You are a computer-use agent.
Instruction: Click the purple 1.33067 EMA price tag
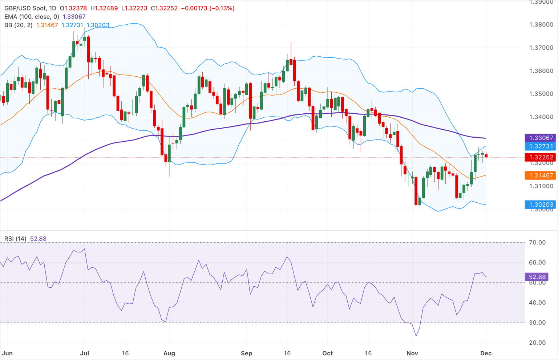point(541,138)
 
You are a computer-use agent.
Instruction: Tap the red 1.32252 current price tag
point(541,157)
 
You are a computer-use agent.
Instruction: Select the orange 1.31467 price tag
point(541,175)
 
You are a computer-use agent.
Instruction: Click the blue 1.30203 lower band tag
point(541,205)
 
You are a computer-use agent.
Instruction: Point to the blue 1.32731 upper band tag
point(541,146)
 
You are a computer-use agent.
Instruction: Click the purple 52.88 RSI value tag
point(537,277)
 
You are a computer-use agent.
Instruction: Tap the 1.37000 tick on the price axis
point(541,48)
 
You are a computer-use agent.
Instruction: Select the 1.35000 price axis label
point(541,94)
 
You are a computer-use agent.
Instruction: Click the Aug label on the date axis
point(169,353)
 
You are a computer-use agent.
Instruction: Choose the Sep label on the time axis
point(246,353)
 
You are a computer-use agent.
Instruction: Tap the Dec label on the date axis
point(486,353)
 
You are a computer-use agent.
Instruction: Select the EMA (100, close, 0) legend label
point(32,17)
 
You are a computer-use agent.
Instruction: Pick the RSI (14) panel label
point(15,239)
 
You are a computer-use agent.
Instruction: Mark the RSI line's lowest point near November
point(416,336)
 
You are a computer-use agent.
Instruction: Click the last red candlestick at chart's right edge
point(486,156)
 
